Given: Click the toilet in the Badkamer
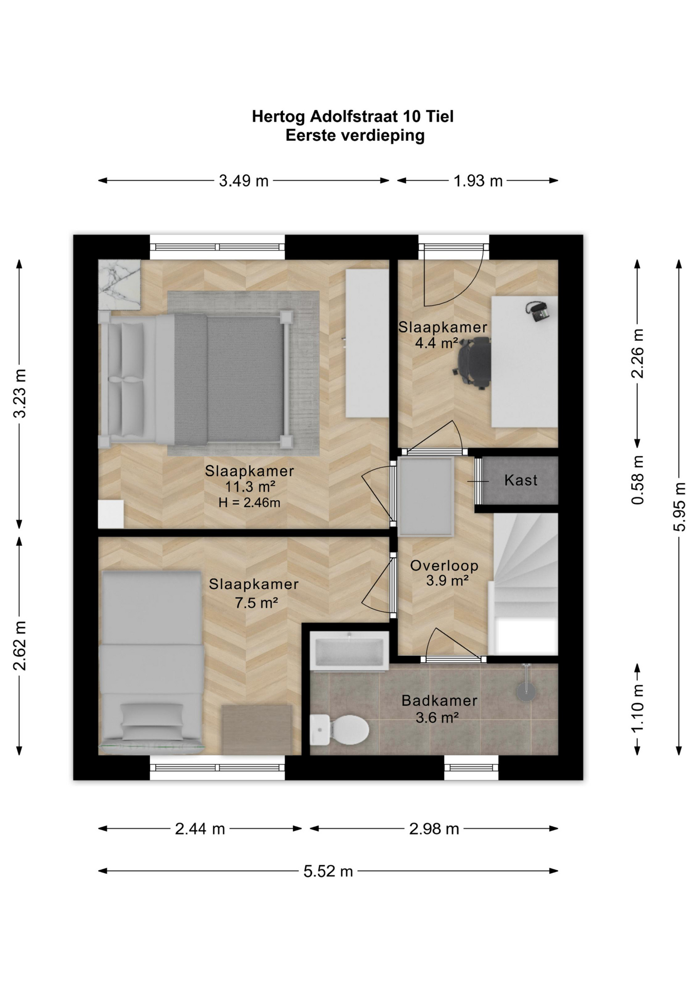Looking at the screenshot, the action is [x=339, y=729].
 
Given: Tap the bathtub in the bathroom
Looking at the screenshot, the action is [x=349, y=651].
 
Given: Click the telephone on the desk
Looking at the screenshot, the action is [x=538, y=312].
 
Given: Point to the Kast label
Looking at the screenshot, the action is [x=521, y=480].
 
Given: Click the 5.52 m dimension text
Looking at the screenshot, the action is [x=328, y=871].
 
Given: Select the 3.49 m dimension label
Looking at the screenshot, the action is [x=244, y=181].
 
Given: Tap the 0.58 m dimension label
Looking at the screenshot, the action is [x=637, y=480].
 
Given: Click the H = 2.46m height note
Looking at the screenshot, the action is [x=249, y=503].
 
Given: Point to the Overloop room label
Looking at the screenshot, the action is [x=444, y=565].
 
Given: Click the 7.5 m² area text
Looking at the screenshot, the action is [x=256, y=602].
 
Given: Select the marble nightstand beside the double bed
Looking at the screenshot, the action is [x=119, y=285].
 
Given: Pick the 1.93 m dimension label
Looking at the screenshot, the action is [x=477, y=181].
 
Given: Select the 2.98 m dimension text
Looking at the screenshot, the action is [x=434, y=829].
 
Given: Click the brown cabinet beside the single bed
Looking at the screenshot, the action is [x=256, y=729].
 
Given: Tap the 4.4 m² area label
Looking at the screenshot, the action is [x=436, y=343].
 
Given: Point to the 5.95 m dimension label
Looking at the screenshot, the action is [x=679, y=507].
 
